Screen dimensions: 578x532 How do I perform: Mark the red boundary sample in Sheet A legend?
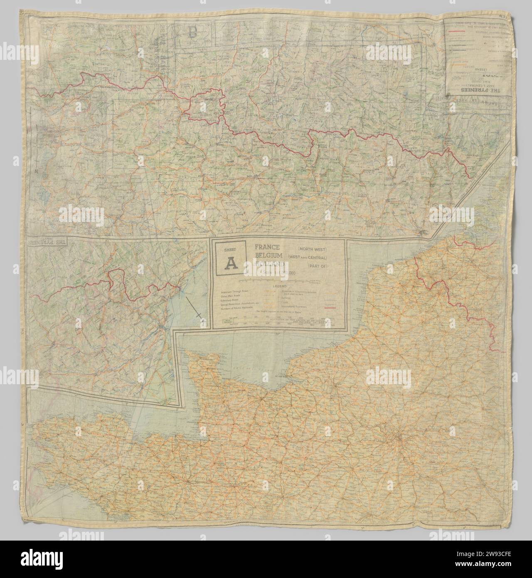[x=331, y=307]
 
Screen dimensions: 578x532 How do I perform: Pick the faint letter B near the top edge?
[x=192, y=32]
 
